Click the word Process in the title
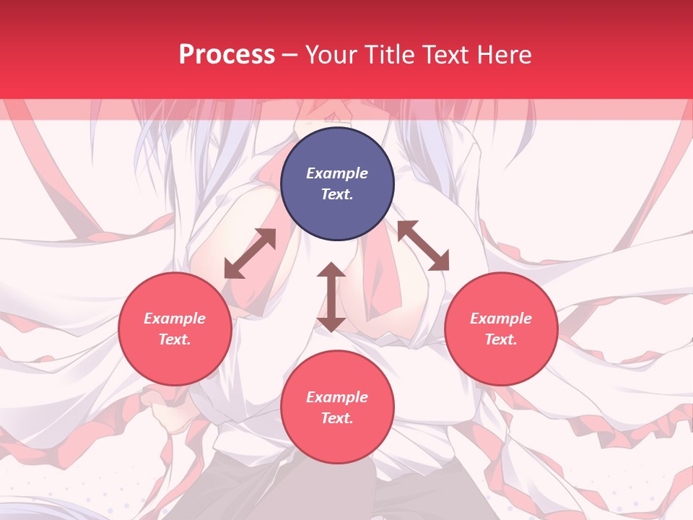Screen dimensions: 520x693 (x=227, y=55)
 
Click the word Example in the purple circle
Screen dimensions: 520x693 (x=337, y=173)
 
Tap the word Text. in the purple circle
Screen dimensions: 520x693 (x=337, y=194)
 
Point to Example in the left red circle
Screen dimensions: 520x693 (x=175, y=318)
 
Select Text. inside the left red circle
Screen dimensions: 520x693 (x=175, y=339)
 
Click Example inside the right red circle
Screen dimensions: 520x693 (x=501, y=318)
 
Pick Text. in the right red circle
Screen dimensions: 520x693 (x=501, y=339)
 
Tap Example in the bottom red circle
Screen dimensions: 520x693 (x=337, y=397)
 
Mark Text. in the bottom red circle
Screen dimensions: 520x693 (x=337, y=418)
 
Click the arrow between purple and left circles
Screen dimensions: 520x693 (x=250, y=253)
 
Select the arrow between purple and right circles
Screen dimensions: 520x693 (x=423, y=246)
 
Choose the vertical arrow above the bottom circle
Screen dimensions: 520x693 (x=331, y=297)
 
